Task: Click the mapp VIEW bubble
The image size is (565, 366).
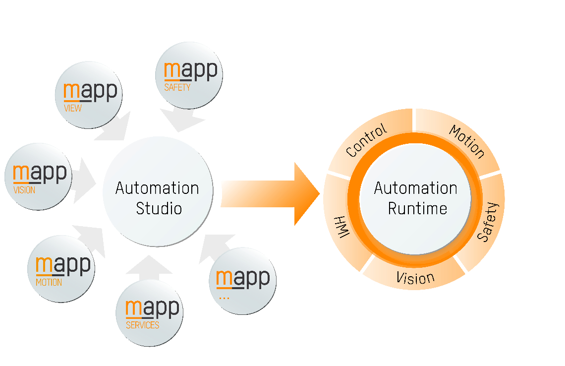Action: click(89, 95)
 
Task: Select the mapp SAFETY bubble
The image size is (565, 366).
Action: click(189, 75)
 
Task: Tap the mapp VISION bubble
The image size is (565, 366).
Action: click(39, 176)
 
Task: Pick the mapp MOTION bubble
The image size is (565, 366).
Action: click(61, 268)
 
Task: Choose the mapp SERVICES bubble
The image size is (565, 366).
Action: click(150, 312)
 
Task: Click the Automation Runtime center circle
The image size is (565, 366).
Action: click(415, 198)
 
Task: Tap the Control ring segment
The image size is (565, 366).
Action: click(367, 141)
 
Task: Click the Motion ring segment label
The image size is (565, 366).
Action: click(466, 141)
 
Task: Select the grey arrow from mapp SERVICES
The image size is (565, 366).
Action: click(149, 267)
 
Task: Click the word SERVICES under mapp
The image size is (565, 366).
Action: click(143, 325)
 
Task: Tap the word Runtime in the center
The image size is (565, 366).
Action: click(417, 208)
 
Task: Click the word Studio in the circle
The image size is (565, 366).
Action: click(159, 208)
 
